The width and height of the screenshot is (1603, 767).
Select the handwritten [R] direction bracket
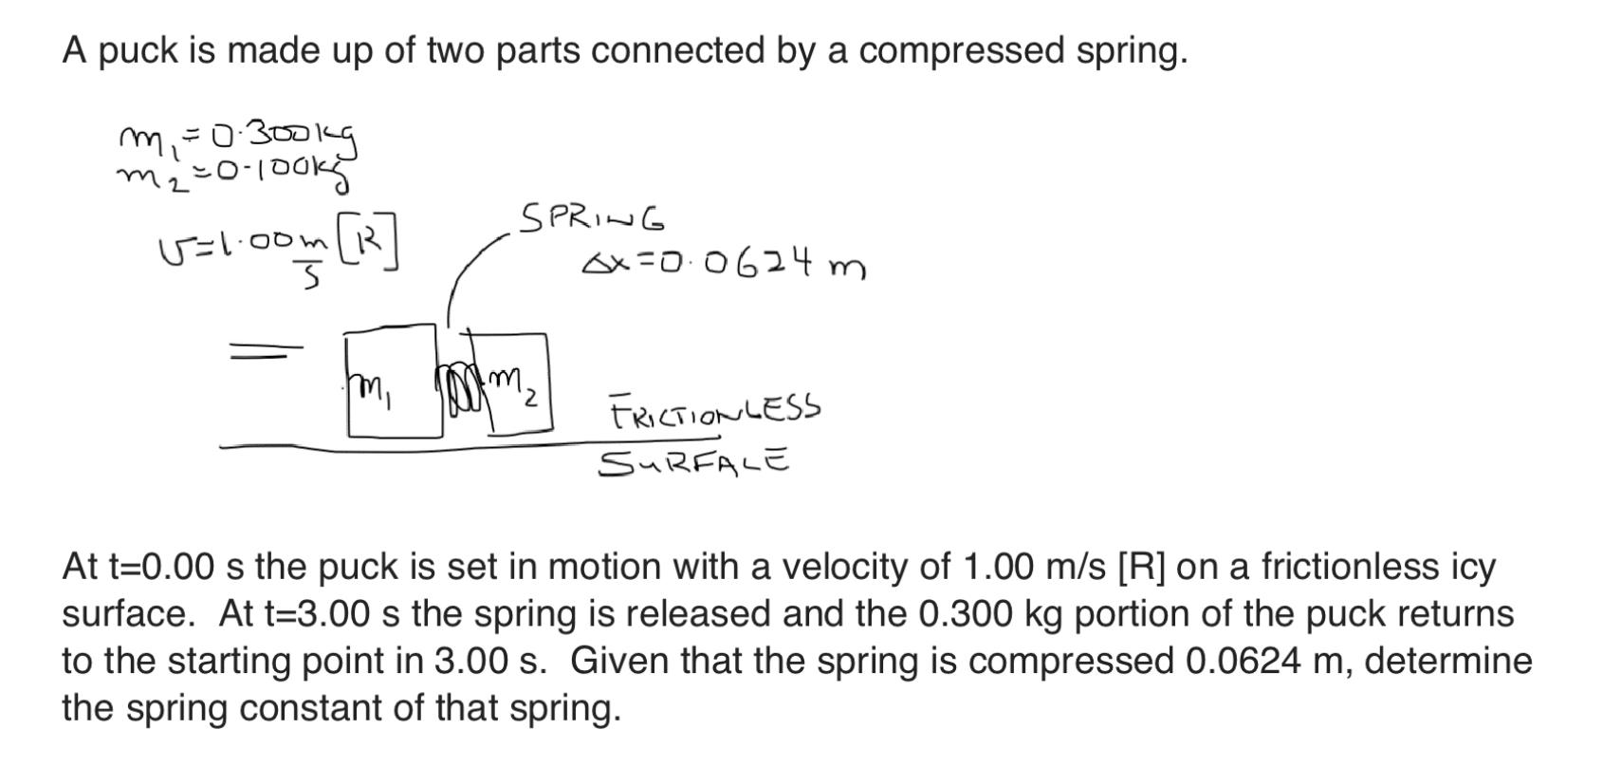(374, 243)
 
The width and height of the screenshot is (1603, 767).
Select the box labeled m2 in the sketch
(517, 382)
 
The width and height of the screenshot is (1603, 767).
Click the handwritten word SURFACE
(693, 463)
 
